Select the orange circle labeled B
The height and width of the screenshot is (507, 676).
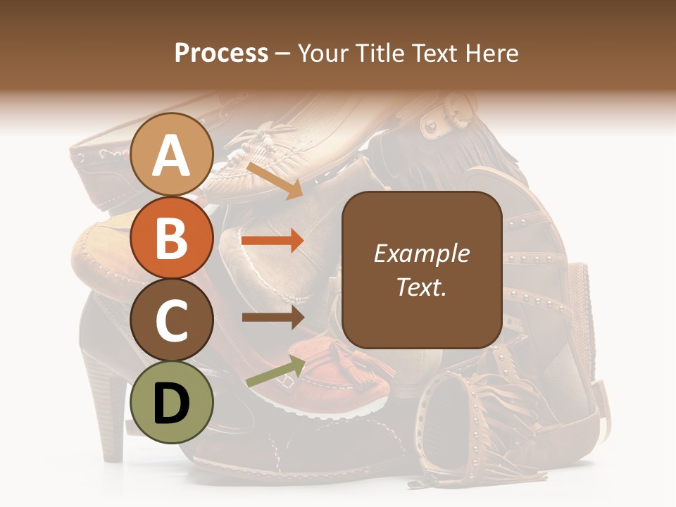pyautogui.click(x=172, y=237)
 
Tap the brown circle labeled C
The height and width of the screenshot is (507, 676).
pyautogui.click(x=172, y=320)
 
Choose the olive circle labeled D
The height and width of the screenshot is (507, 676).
pyautogui.click(x=172, y=403)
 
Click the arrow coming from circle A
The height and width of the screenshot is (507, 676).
pyautogui.click(x=275, y=180)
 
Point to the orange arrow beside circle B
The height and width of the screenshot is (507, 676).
pyautogui.click(x=273, y=241)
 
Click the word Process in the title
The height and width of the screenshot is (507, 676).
pyautogui.click(x=221, y=54)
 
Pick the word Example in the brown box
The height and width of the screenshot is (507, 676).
pyautogui.click(x=421, y=254)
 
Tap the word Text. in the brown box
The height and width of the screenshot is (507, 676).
pyautogui.click(x=421, y=287)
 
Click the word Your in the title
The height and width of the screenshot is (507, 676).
pyautogui.click(x=320, y=54)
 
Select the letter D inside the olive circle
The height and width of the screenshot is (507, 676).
pyautogui.click(x=172, y=404)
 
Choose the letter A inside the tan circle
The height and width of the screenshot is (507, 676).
pyautogui.click(x=172, y=156)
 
